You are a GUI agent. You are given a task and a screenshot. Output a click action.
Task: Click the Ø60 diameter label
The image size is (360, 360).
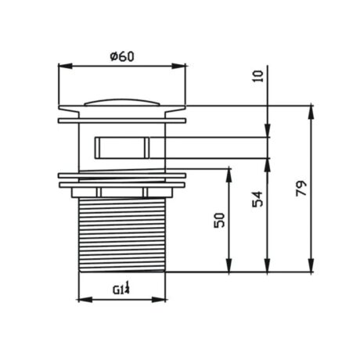(122, 56)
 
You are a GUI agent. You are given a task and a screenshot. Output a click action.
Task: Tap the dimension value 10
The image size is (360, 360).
(258, 76)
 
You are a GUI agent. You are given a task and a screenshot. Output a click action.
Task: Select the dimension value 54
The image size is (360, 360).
(257, 199)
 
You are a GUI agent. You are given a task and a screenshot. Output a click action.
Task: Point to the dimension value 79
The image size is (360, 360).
(301, 189)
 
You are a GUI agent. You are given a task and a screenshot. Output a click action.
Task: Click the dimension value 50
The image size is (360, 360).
(219, 221)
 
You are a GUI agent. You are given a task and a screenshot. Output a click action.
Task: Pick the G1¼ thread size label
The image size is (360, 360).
(121, 288)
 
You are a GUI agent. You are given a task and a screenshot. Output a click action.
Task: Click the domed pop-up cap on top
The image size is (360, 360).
(122, 103)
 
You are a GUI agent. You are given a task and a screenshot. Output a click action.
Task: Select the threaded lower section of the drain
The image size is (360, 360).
(122, 235)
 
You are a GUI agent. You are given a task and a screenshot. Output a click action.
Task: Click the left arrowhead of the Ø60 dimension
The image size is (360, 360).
(65, 66)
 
